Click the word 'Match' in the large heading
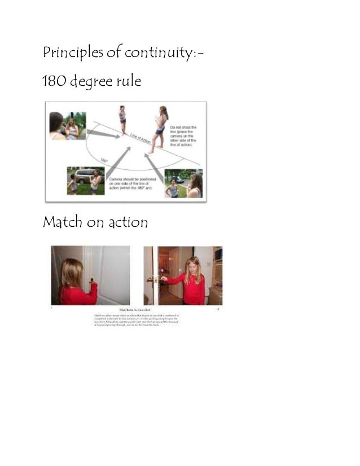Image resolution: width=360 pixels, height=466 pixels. point(62,222)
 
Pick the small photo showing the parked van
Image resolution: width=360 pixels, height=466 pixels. point(85,181)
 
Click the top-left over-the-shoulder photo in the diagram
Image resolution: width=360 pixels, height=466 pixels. point(68,125)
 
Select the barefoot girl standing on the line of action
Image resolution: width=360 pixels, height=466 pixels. point(160,129)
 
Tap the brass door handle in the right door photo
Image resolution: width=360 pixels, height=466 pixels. point(151,279)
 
